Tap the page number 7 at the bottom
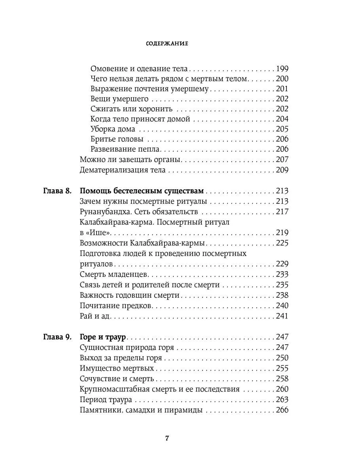click(x=167, y=438)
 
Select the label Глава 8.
click(x=57, y=191)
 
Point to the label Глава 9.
click(x=57, y=337)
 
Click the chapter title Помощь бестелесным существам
click(x=142, y=191)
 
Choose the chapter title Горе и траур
click(x=102, y=337)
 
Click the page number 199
click(x=282, y=68)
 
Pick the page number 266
click(x=282, y=410)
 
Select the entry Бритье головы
click(x=117, y=139)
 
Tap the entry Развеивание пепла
click(x=125, y=149)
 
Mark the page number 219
click(x=282, y=233)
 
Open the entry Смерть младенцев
click(x=114, y=274)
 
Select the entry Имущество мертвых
click(x=117, y=369)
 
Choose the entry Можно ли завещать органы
click(x=130, y=160)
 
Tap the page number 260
click(x=282, y=389)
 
